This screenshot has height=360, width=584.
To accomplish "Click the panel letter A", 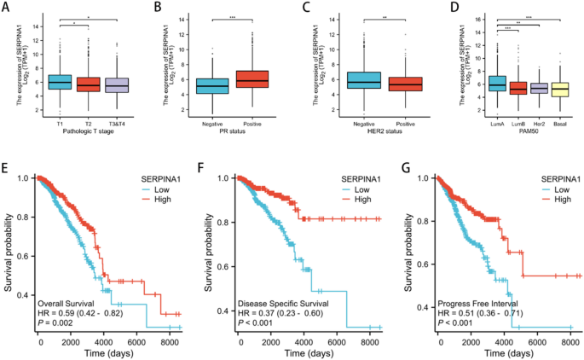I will click(6, 7).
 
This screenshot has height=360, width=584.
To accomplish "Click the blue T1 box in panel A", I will click(59, 81).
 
